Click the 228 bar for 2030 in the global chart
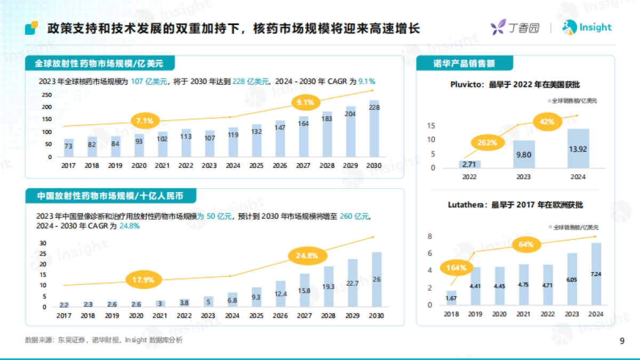[x=374, y=128]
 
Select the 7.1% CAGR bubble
[x=145, y=121]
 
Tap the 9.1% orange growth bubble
[x=306, y=102]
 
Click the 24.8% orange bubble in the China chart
[x=307, y=255]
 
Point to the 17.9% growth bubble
[x=143, y=279]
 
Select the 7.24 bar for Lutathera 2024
[x=596, y=273]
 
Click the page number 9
[x=622, y=341]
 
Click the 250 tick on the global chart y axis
[x=47, y=94]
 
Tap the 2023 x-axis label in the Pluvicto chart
[x=524, y=177]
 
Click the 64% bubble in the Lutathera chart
[x=526, y=244]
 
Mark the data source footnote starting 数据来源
[x=103, y=340]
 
